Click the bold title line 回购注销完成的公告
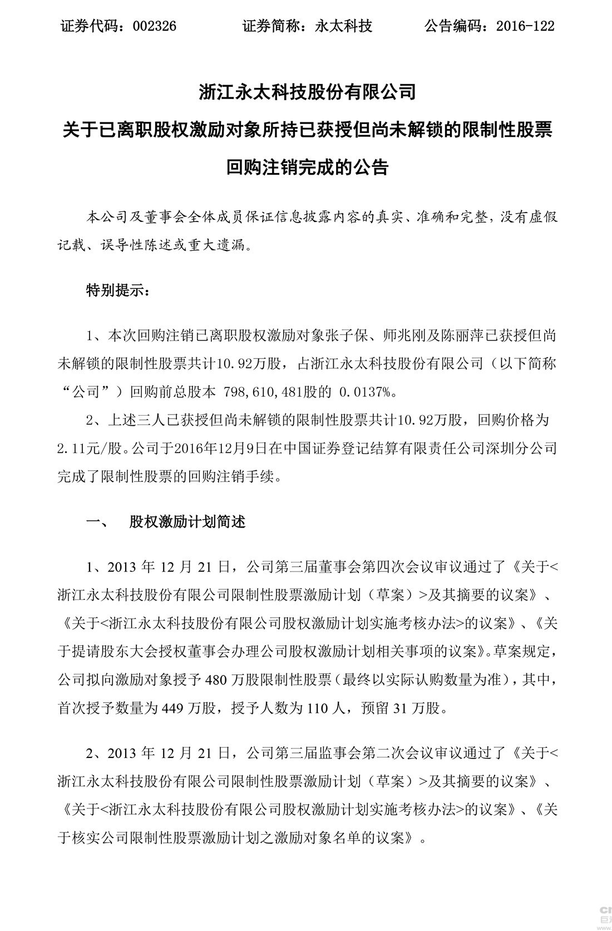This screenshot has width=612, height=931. [307, 167]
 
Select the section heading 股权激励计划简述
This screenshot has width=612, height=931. [187, 522]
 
